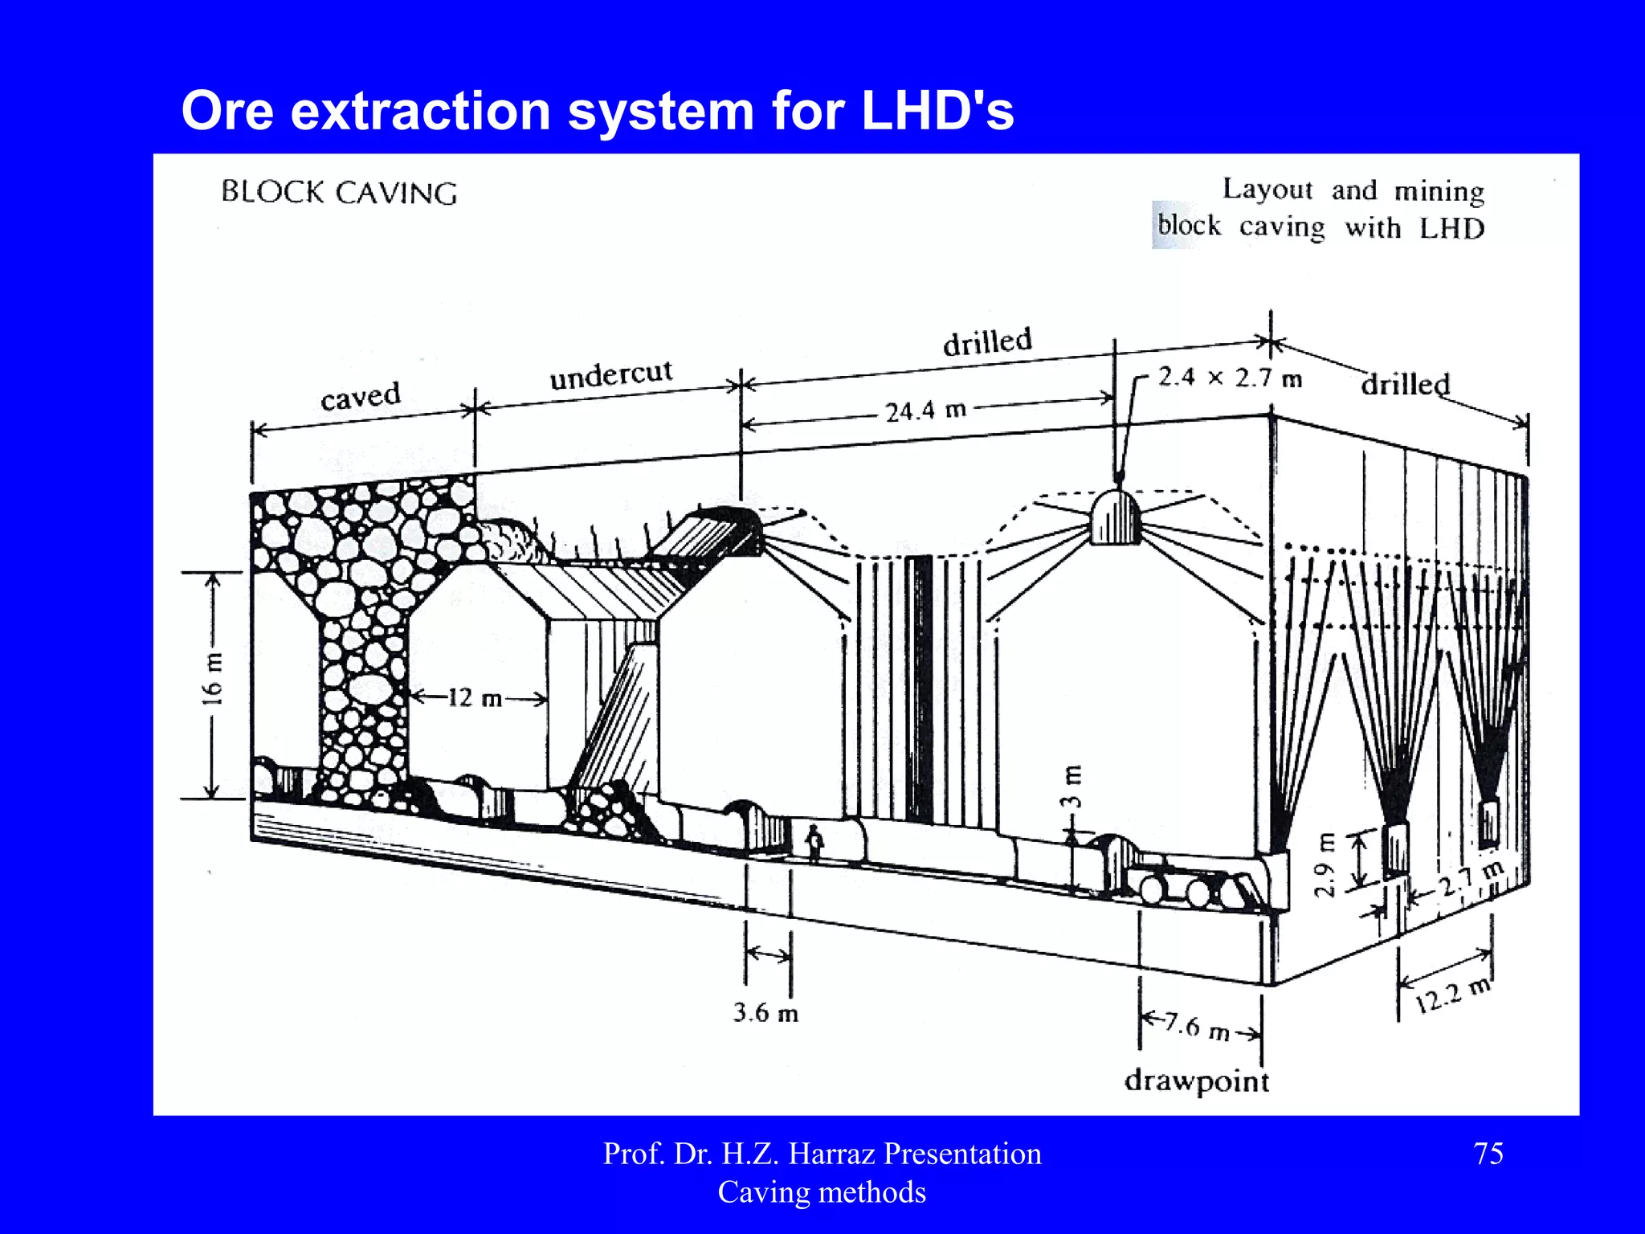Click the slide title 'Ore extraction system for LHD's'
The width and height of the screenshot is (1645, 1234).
point(597,111)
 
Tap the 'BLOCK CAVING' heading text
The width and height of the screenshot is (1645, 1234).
point(339,193)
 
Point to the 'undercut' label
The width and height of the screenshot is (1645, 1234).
point(610,374)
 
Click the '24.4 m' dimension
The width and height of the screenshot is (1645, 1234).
point(925,411)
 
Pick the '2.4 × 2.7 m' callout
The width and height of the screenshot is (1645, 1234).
point(1229,378)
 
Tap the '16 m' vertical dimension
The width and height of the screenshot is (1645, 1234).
point(211,679)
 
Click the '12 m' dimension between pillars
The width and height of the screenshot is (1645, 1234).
point(475,698)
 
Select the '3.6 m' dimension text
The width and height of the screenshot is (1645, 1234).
point(765,1012)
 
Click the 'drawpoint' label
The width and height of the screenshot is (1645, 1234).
point(1197,1081)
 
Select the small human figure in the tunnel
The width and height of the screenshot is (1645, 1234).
point(814,842)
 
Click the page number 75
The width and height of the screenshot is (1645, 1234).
point(1488,1154)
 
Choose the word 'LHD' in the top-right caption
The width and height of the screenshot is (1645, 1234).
point(1451,229)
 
